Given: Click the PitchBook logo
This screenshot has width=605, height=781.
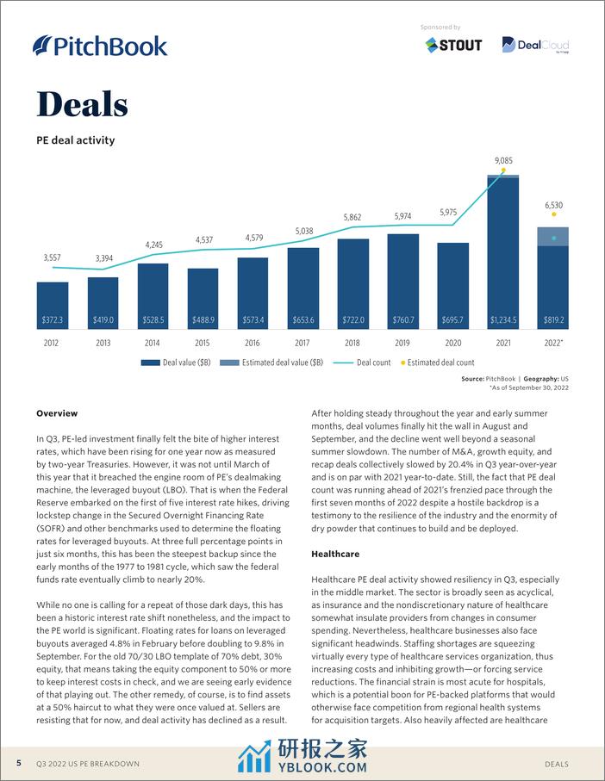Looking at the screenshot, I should pyautogui.click(x=99, y=46).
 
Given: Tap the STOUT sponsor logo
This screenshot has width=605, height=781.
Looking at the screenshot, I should pyautogui.click(x=453, y=45).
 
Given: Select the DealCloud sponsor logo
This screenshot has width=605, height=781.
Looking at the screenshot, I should pyautogui.click(x=535, y=45).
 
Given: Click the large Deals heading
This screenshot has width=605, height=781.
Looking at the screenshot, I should pyautogui.click(x=82, y=104).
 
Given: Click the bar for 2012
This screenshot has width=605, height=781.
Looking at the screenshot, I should pyautogui.click(x=53, y=306).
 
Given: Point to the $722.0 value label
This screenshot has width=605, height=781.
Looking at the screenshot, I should pyautogui.click(x=353, y=320).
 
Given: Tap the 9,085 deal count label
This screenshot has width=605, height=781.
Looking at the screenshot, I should pyautogui.click(x=504, y=161).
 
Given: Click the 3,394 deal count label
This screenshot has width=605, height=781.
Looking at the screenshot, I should pyautogui.click(x=103, y=258).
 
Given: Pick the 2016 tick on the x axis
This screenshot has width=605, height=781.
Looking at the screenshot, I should pyautogui.click(x=253, y=342).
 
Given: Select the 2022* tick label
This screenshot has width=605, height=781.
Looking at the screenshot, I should pyautogui.click(x=554, y=342).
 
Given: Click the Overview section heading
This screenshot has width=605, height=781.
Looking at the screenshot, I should pyautogui.click(x=57, y=413).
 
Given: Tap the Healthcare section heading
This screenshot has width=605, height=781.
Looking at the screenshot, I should pyautogui.click(x=335, y=554).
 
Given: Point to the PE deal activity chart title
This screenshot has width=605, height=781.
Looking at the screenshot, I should pyautogui.click(x=75, y=139).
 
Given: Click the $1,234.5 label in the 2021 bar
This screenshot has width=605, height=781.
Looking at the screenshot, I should pyautogui.click(x=503, y=320).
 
